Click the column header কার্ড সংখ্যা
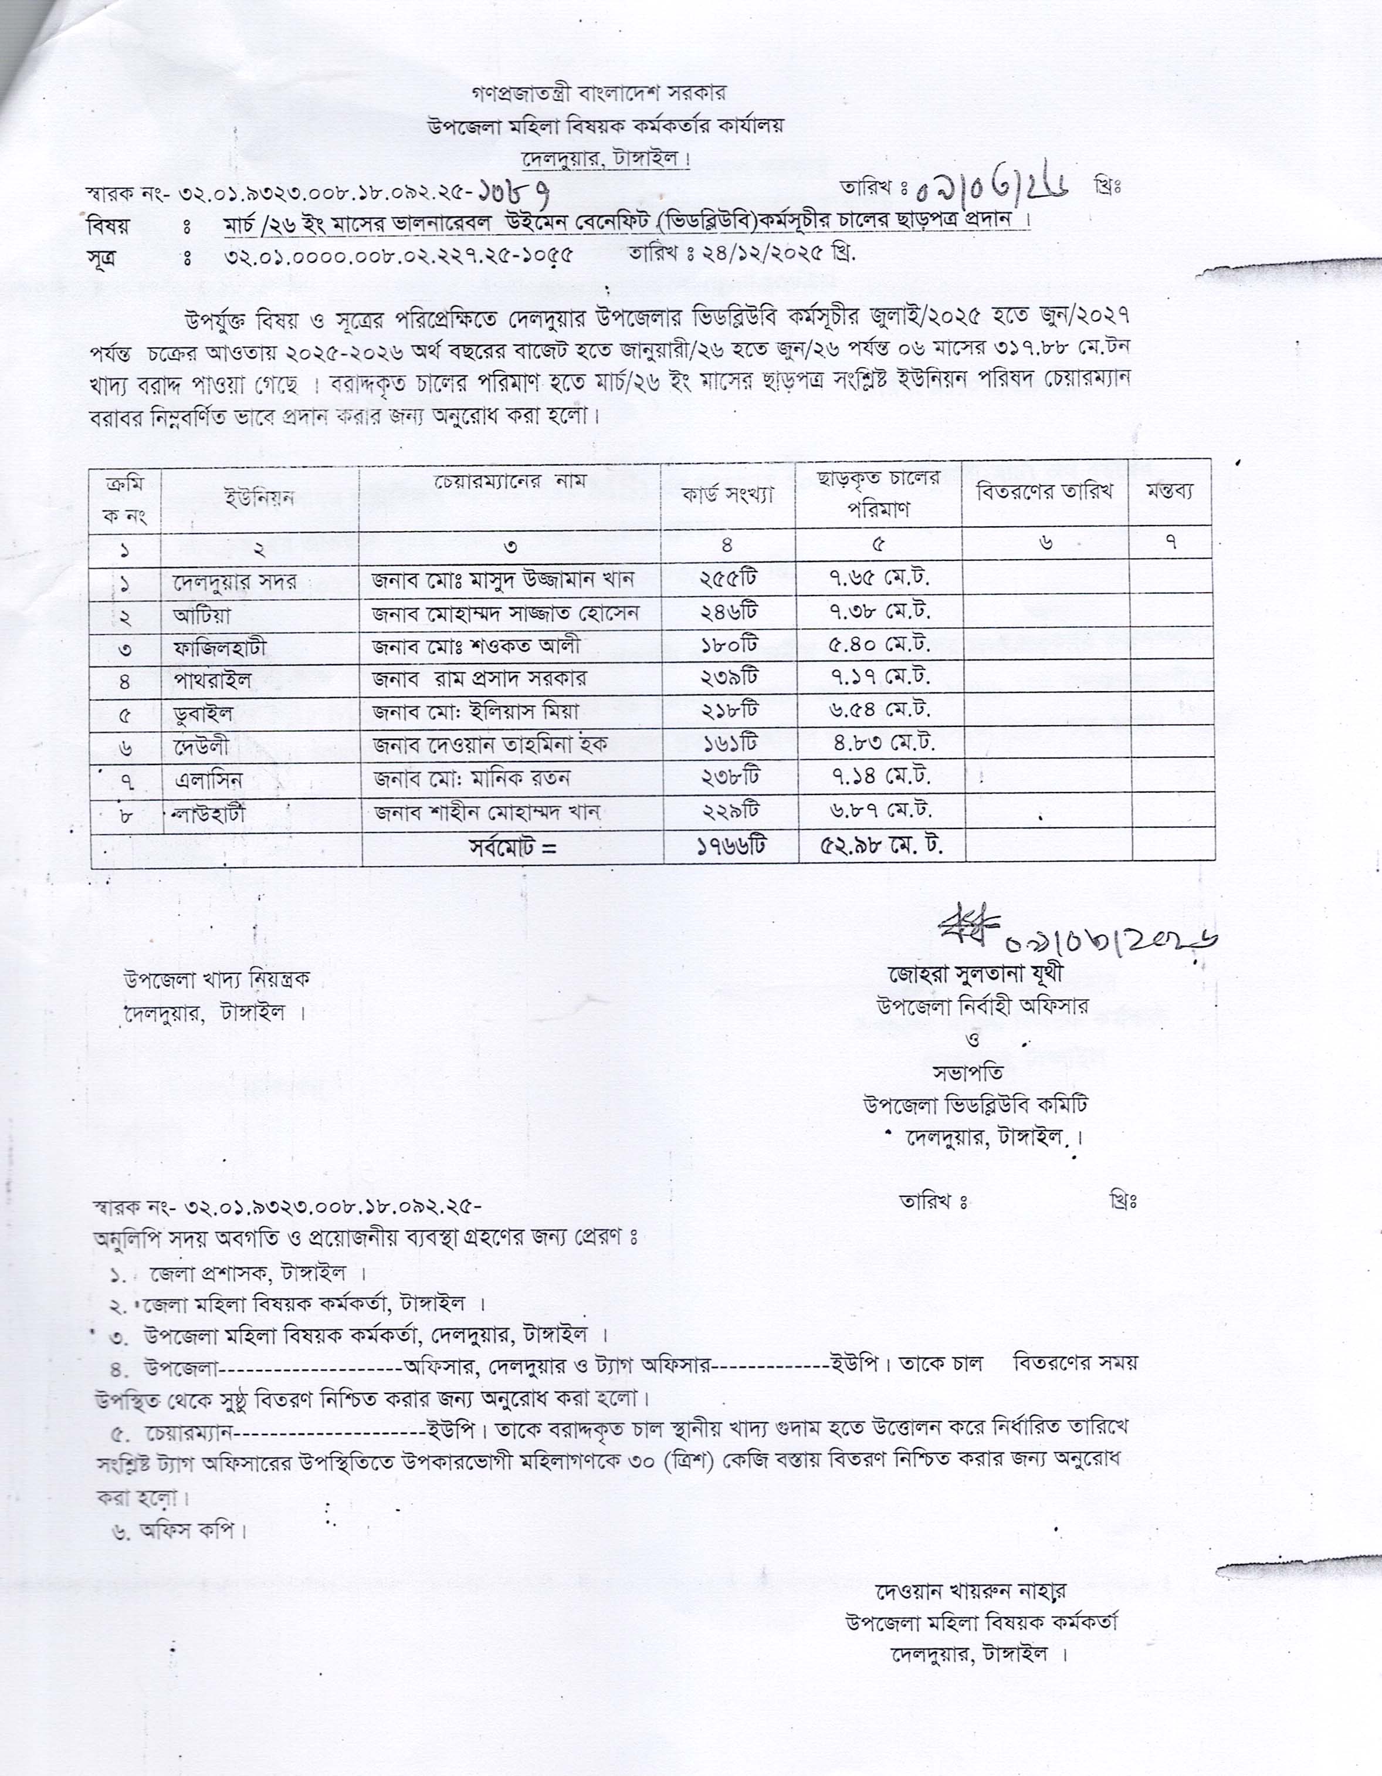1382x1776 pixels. click(x=727, y=495)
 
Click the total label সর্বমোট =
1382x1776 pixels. click(x=512, y=847)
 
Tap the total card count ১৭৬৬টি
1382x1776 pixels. click(x=730, y=847)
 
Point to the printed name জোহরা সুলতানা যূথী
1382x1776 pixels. click(x=975, y=973)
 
